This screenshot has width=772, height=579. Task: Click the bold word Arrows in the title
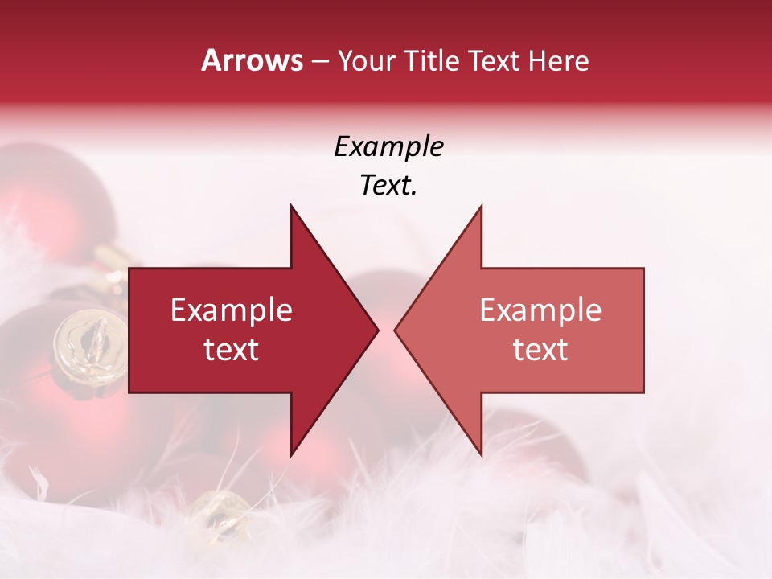pyautogui.click(x=253, y=60)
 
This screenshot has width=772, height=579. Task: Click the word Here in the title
pyautogui.click(x=559, y=60)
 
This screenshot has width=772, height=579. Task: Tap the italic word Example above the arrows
pyautogui.click(x=388, y=146)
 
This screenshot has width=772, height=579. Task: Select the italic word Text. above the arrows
pyautogui.click(x=388, y=186)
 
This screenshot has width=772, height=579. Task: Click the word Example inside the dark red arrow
pyautogui.click(x=232, y=310)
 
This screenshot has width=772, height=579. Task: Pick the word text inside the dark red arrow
pyautogui.click(x=232, y=350)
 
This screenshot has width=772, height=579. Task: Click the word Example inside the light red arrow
pyautogui.click(x=540, y=310)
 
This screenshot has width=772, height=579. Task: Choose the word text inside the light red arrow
pyautogui.click(x=540, y=350)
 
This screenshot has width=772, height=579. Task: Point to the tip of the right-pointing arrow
pyautogui.click(x=378, y=330)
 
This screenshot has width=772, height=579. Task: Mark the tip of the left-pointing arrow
pyautogui.click(x=395, y=330)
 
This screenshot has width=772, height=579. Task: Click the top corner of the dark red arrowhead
pyautogui.click(x=291, y=206)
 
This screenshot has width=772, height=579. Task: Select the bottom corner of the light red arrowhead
pyautogui.click(x=481, y=454)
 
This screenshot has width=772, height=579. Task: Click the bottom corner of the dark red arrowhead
pyautogui.click(x=291, y=454)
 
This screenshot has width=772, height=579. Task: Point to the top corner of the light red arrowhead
pyautogui.click(x=481, y=206)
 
